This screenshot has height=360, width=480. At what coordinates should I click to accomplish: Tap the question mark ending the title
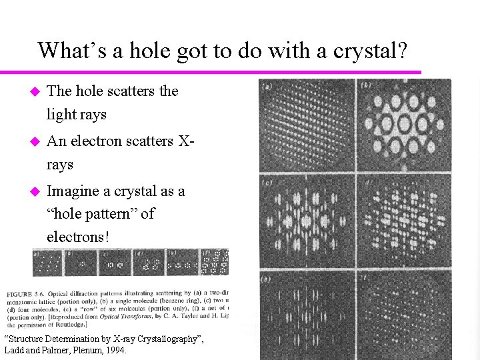(401, 51)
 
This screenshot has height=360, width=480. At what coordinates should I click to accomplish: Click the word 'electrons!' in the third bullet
(77, 237)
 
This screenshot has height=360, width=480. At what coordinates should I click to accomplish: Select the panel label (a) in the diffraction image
(267, 86)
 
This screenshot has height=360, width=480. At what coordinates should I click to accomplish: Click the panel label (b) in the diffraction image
(365, 86)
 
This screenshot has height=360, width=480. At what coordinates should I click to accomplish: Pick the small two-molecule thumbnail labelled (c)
(115, 263)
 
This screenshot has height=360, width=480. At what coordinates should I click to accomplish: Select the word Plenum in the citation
(82, 350)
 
